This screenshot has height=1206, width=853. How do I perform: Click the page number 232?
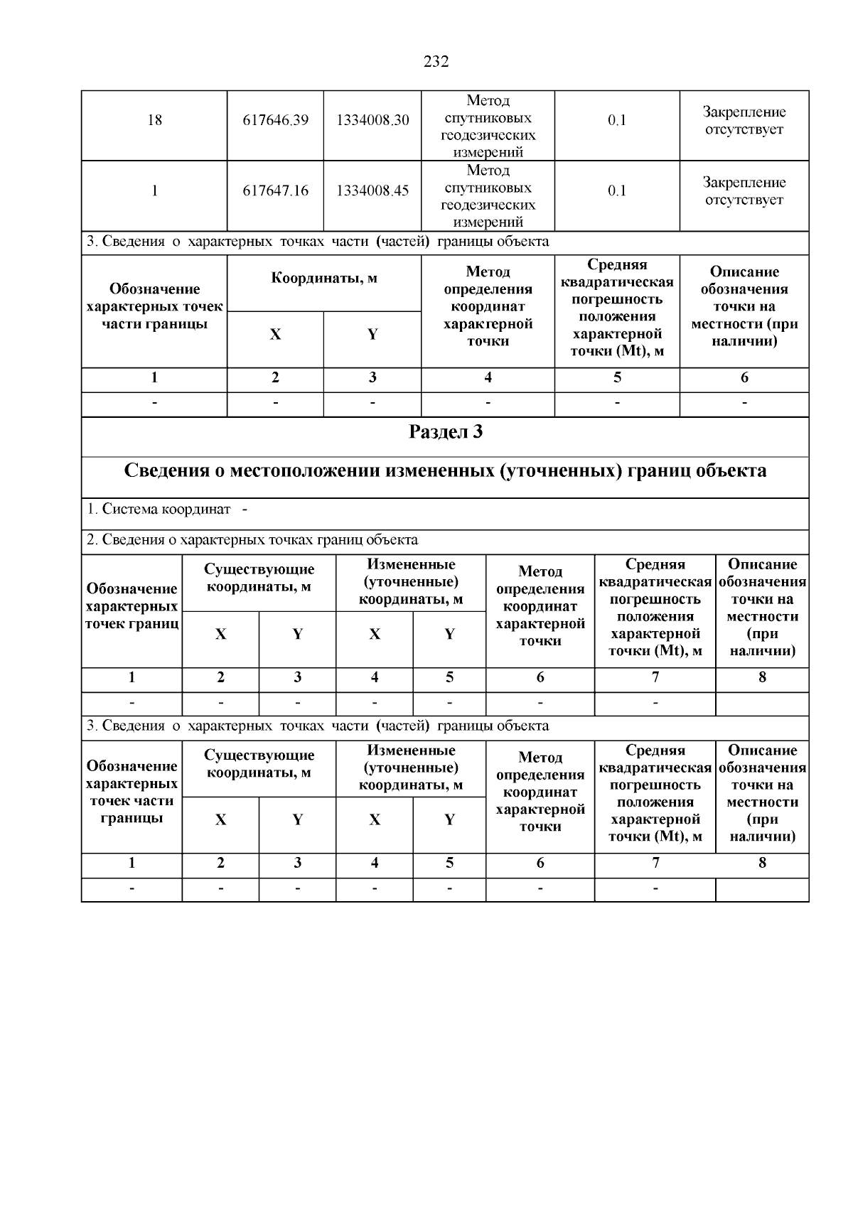pyautogui.click(x=436, y=62)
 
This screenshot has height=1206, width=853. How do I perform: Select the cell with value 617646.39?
pyautogui.click(x=275, y=120)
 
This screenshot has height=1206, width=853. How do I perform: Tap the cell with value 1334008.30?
pyautogui.click(x=372, y=120)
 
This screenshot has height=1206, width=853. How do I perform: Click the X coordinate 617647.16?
pyautogui.click(x=275, y=190)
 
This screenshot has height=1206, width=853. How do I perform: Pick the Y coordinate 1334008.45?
pyautogui.click(x=372, y=190)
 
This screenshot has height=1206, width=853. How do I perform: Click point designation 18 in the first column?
pyautogui.click(x=154, y=120)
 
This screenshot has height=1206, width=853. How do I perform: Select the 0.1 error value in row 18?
pyautogui.click(x=616, y=120)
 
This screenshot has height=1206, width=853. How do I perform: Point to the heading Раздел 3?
pyautogui.click(x=446, y=431)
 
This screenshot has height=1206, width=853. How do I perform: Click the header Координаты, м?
pyautogui.click(x=324, y=278)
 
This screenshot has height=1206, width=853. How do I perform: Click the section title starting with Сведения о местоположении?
pyautogui.click(x=446, y=471)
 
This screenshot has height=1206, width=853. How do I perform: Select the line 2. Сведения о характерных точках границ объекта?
pyautogui.click(x=252, y=540)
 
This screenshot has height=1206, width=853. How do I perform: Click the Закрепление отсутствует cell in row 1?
pyautogui.click(x=744, y=190)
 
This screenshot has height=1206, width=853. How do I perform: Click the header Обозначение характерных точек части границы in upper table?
pyautogui.click(x=154, y=306)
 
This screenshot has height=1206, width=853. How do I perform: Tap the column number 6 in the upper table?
pyautogui.click(x=744, y=378)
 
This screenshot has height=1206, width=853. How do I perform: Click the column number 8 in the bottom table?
pyautogui.click(x=762, y=863)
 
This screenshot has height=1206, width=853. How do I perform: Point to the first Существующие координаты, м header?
pyautogui.click(x=259, y=578)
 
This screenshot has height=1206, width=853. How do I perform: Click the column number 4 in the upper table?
pyautogui.click(x=488, y=378)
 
